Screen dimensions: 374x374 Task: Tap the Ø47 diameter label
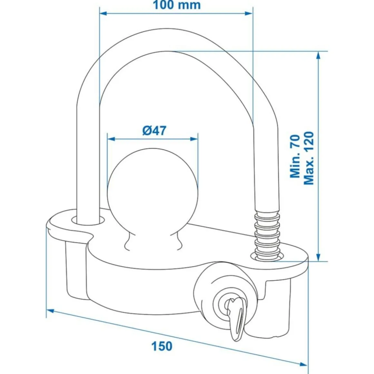(154, 131)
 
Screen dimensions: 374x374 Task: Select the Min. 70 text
(295, 156)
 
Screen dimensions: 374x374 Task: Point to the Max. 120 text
(309, 158)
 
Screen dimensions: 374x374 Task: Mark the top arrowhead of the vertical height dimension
(319, 54)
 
